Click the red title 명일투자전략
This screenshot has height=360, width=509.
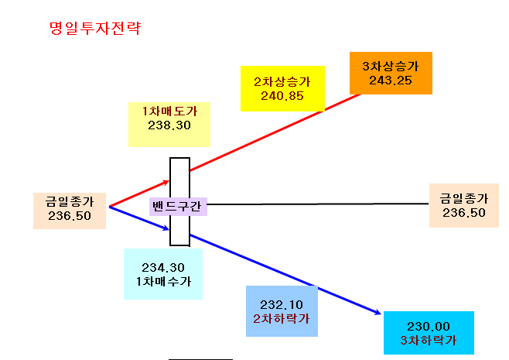(95, 28)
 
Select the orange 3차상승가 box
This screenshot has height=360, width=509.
(391, 73)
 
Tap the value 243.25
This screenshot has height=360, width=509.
(391, 81)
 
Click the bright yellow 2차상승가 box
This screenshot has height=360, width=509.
(282, 89)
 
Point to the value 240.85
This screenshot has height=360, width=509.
(282, 96)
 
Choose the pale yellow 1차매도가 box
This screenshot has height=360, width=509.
(169, 125)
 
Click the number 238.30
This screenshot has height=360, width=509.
(169, 125)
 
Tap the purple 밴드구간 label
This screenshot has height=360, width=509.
(178, 206)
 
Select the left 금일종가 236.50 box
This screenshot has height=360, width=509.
(70, 211)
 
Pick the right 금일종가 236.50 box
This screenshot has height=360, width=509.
(464, 205)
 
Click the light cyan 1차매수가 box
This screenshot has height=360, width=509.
(163, 274)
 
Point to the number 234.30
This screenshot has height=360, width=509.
(163, 268)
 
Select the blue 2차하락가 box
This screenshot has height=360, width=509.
(282, 311)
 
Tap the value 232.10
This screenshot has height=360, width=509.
(282, 305)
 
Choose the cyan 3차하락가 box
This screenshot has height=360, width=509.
(429, 333)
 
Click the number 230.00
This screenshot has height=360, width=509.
(429, 326)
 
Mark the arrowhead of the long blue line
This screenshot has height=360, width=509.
(378, 313)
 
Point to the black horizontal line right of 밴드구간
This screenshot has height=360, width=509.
(318, 204)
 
